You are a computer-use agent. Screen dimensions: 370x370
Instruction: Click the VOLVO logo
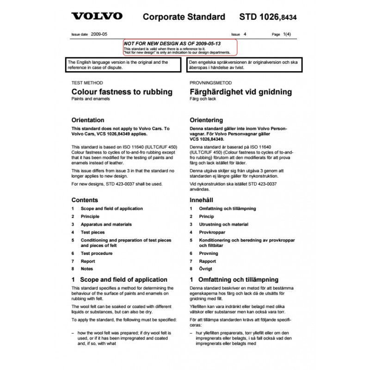click(x=97, y=16)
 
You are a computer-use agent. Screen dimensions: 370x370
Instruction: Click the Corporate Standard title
click(x=184, y=17)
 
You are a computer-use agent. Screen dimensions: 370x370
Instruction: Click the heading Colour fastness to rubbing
click(x=122, y=92)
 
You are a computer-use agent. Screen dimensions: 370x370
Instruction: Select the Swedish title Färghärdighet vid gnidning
click(x=240, y=92)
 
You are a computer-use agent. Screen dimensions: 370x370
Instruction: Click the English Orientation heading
click(x=87, y=120)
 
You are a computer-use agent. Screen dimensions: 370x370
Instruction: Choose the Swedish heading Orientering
click(x=206, y=120)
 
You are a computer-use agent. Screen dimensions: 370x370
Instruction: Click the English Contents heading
click(x=85, y=200)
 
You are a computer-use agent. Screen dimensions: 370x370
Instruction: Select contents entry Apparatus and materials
click(x=106, y=224)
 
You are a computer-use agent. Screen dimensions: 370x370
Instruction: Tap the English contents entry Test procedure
click(x=96, y=253)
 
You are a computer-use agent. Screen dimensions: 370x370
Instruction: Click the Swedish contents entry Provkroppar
click(x=212, y=232)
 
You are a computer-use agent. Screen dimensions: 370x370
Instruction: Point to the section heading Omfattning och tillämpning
click(x=238, y=279)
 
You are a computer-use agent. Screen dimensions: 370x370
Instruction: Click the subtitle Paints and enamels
click(x=88, y=99)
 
